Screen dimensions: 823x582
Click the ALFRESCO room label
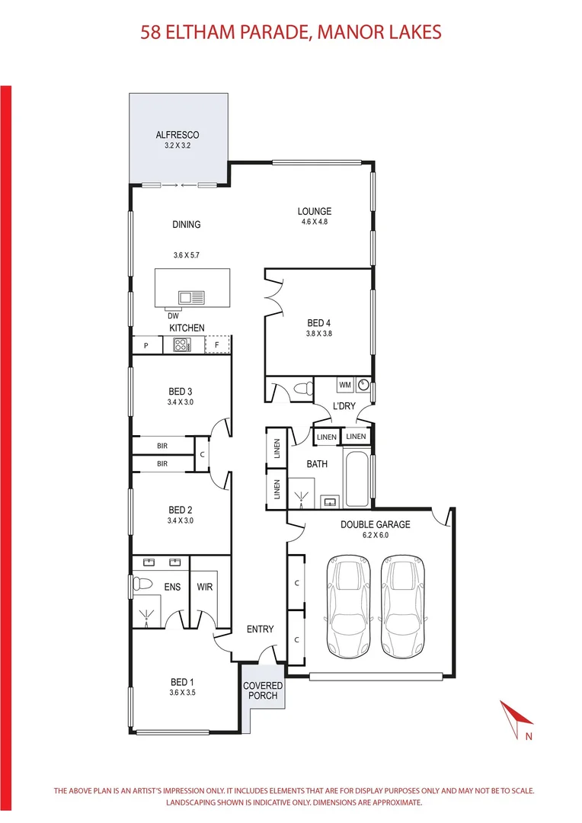(177, 135)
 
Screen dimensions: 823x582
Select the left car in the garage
(347, 607)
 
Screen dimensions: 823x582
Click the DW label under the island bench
(173, 315)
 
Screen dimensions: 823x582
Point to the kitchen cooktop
(181, 345)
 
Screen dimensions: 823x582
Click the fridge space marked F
(217, 345)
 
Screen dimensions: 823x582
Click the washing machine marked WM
(344, 385)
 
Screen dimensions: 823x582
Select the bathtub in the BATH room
(357, 479)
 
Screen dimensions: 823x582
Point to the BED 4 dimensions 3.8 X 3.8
(318, 333)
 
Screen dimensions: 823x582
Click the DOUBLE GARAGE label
(375, 524)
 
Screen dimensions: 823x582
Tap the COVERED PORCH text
(263, 691)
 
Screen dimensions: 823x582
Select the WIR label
(205, 588)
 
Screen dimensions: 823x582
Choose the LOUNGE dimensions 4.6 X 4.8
(315, 223)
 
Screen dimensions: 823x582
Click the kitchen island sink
(190, 296)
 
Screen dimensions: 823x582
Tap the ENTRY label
(260, 629)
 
